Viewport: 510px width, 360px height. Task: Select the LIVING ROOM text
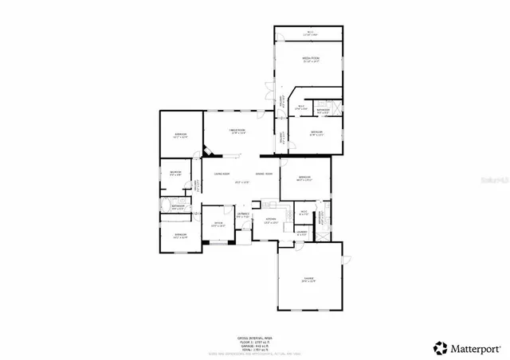(221, 174)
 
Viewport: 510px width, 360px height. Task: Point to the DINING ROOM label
(264, 174)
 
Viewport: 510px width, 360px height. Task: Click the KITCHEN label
(270, 219)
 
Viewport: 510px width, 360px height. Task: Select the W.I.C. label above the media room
(309, 33)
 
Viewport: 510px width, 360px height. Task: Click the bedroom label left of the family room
(181, 135)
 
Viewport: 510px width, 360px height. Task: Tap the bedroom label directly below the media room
(316, 133)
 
